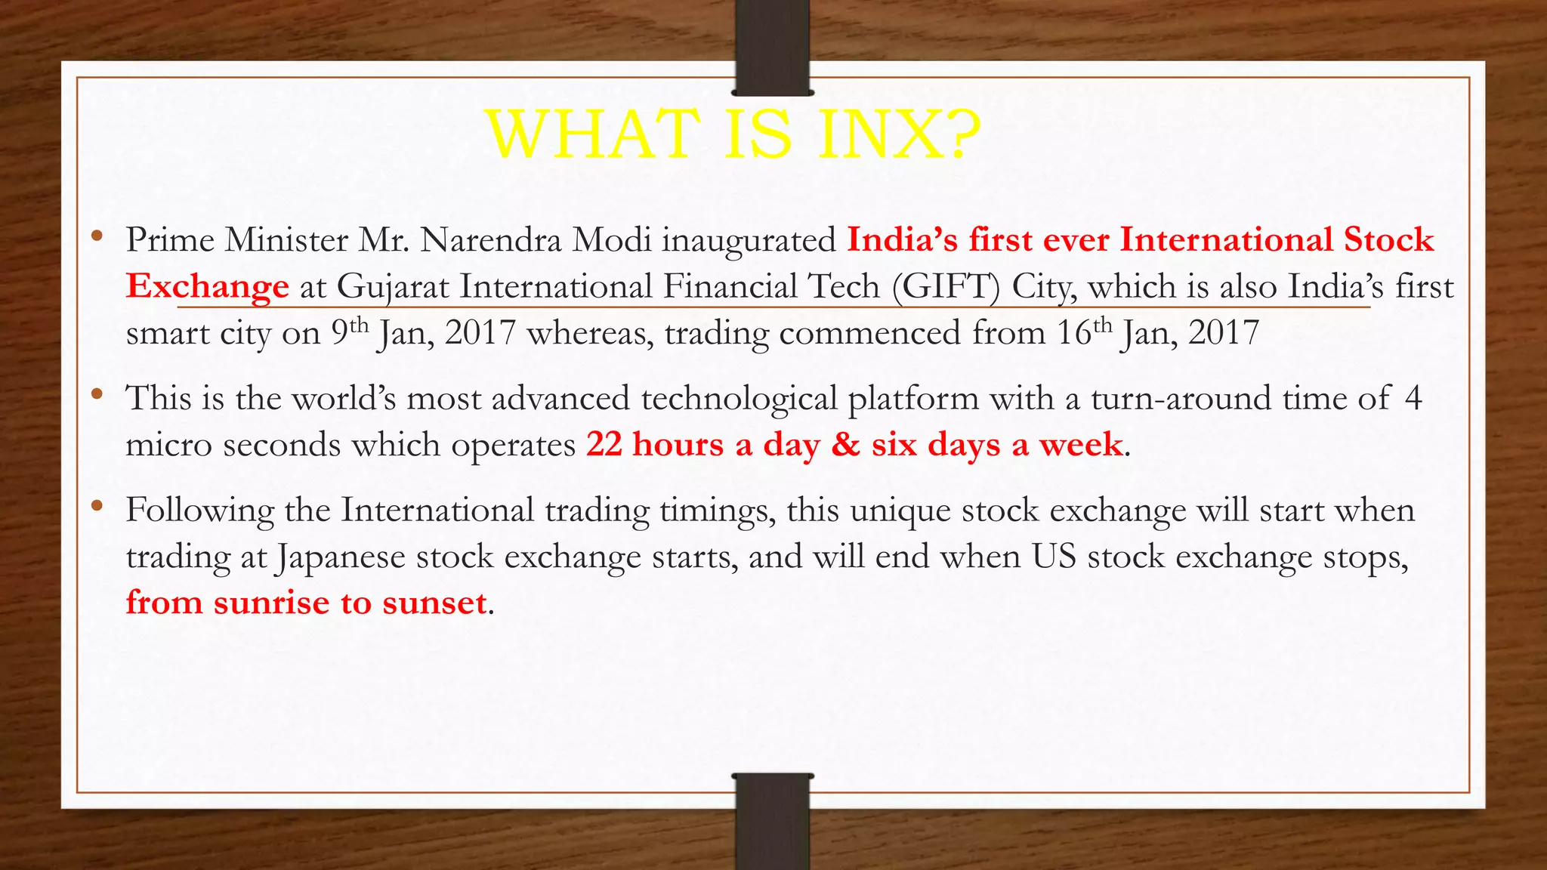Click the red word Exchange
(207, 287)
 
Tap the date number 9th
(350, 332)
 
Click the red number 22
(604, 444)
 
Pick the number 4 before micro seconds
(1413, 398)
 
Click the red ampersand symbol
(845, 444)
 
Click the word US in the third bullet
(1054, 557)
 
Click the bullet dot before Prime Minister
(96, 236)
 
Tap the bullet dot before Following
(96, 507)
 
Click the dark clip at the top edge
(772, 47)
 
